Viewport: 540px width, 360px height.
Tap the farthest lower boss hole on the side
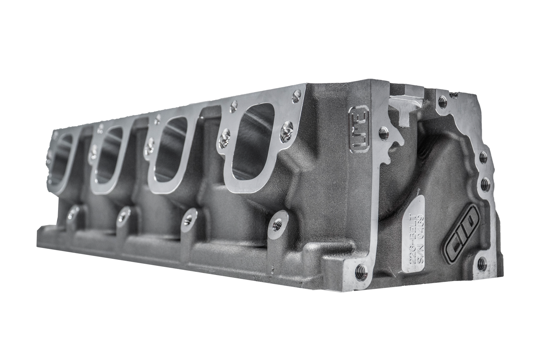pos(73,213)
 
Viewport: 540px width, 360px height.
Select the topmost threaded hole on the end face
pos(441,100)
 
